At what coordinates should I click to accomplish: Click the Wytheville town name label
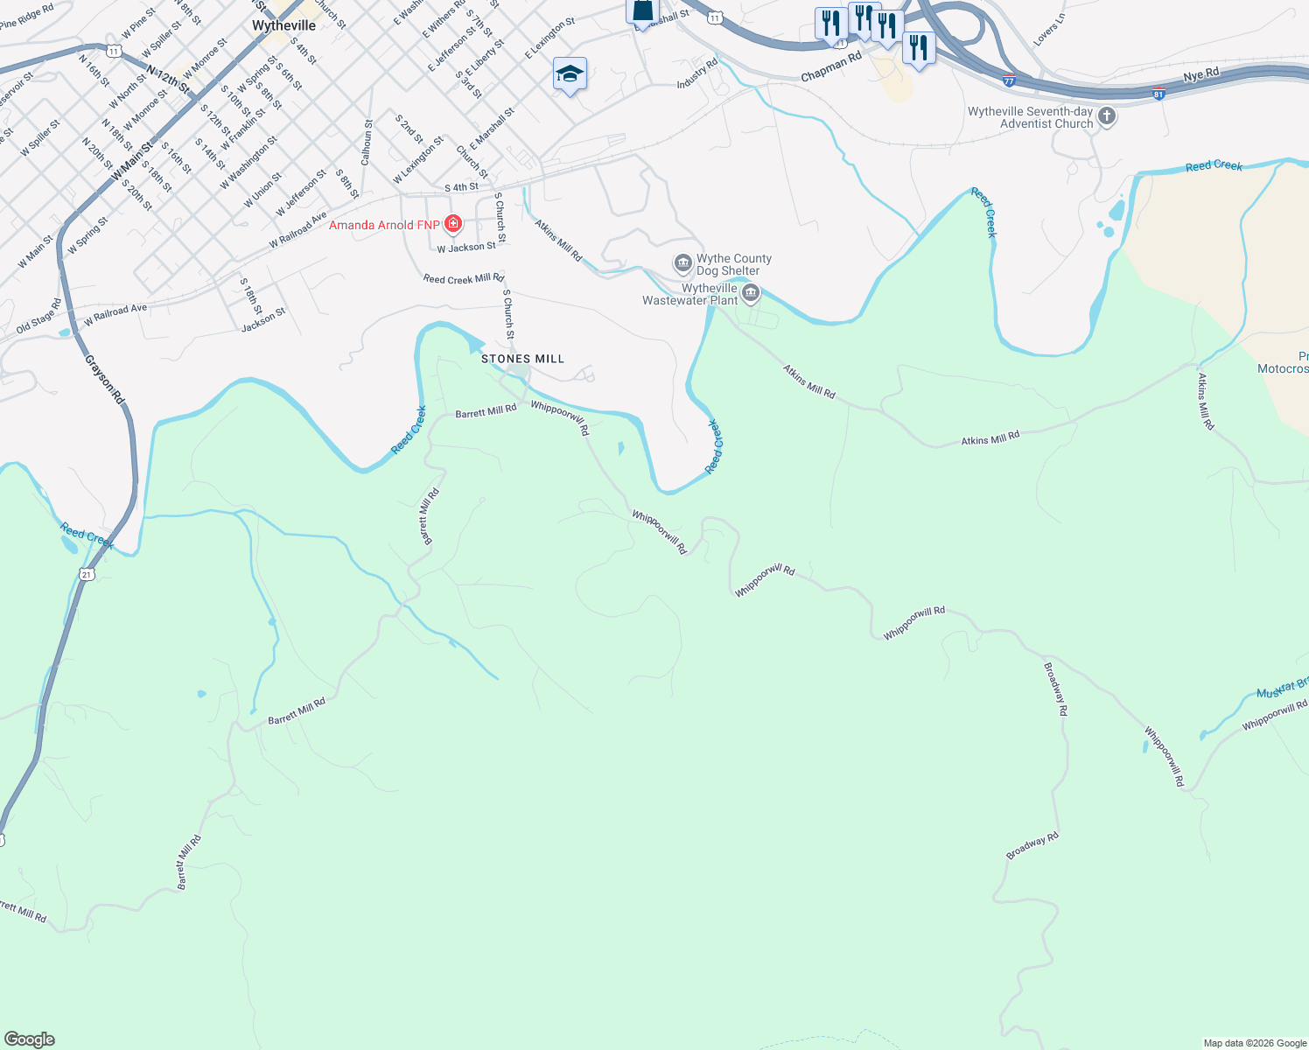tap(283, 25)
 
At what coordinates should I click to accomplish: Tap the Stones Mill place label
tap(522, 359)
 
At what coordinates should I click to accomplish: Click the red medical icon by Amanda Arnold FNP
tap(453, 225)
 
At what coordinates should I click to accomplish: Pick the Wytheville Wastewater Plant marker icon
tap(751, 293)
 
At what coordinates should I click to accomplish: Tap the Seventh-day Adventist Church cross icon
tap(1107, 117)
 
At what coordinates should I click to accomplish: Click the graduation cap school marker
tap(570, 74)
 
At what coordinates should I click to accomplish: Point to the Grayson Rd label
tap(105, 378)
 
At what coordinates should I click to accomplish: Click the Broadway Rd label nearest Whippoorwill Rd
tap(1056, 689)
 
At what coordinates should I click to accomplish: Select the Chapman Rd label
tap(831, 66)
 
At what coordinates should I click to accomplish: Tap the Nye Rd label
tap(1200, 76)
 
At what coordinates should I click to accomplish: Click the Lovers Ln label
tap(1049, 30)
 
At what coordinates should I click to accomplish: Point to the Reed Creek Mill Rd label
tap(463, 279)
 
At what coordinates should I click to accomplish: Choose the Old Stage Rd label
tap(39, 317)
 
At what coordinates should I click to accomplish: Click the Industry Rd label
tap(696, 73)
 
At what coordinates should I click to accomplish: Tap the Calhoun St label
tap(367, 143)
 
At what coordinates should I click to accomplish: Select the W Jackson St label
tap(466, 248)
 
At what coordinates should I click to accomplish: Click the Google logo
tap(30, 1039)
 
